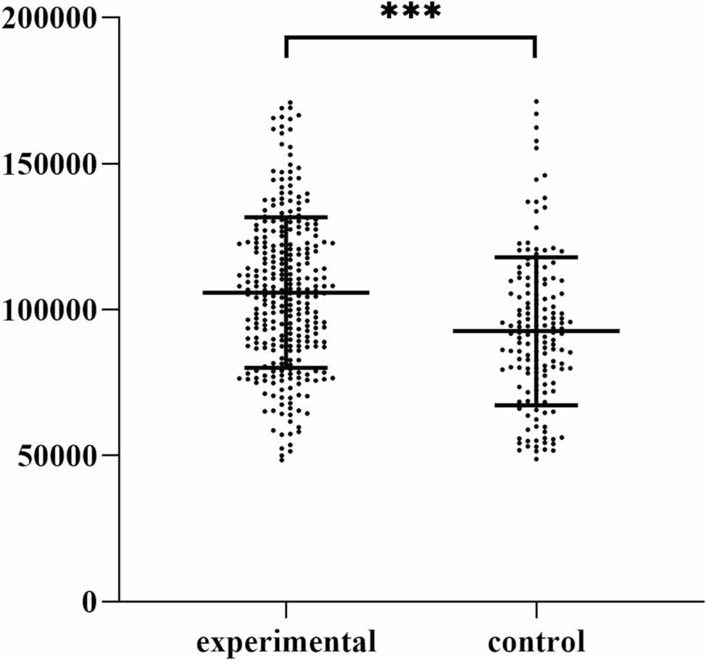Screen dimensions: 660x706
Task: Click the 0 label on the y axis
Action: click(x=89, y=602)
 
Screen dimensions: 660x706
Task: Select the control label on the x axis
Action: click(x=536, y=642)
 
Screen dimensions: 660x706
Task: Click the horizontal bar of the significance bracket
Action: click(x=410, y=36)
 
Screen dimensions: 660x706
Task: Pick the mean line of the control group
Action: click(x=587, y=331)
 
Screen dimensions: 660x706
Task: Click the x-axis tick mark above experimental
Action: click(x=286, y=609)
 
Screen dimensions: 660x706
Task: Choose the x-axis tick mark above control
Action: click(x=536, y=609)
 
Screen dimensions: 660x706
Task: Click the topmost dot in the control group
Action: click(x=536, y=102)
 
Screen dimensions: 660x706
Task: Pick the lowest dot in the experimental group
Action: click(x=282, y=459)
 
